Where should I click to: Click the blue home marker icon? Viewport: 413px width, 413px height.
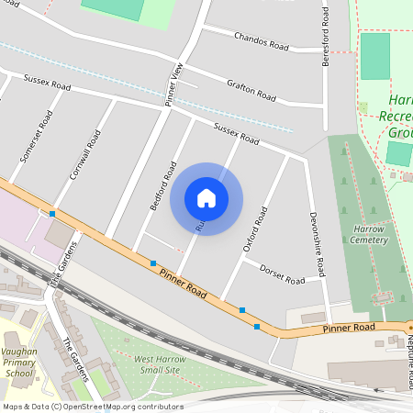coord(206,197)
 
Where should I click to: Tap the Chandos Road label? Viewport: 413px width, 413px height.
coord(262,41)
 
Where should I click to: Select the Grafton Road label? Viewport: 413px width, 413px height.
coord(251,90)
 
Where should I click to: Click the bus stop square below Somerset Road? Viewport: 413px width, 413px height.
coord(52,214)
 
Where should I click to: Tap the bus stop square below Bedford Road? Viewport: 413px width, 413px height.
coord(152,263)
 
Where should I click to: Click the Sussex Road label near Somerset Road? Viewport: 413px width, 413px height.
coord(48,84)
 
